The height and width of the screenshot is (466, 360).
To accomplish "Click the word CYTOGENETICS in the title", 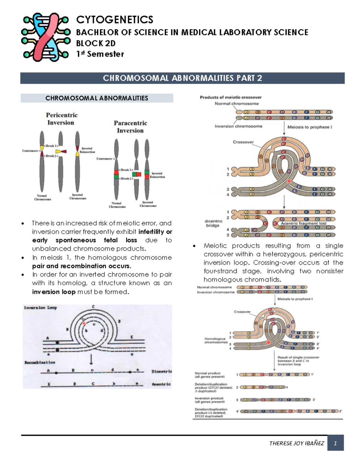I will point(115,20).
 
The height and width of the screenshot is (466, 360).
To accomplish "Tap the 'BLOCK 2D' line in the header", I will point(96,44).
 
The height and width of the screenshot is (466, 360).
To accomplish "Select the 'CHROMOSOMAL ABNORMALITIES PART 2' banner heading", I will point(182,78).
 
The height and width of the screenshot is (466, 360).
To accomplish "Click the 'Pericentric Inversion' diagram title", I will point(61,119).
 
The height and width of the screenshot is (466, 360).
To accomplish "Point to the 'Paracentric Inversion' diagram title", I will point(130,127).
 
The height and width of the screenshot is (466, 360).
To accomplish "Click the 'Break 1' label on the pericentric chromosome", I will point(51,146).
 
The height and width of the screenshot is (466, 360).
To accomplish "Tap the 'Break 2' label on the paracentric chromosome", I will point(126,179).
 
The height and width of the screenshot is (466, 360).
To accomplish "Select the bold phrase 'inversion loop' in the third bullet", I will point(54,292).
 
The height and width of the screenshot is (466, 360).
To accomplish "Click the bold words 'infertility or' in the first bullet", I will point(155,232).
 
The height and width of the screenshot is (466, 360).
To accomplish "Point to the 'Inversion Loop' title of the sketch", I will point(40,308).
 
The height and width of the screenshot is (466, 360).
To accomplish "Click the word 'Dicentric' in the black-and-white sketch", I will point(161,371).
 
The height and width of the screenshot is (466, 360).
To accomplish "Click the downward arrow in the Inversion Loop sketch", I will point(91,359).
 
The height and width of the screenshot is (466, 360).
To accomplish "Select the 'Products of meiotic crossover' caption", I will point(231,97).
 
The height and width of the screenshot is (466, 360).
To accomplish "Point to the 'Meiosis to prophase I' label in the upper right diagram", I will point(310,127).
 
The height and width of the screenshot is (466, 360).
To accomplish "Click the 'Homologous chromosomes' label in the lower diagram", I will point(215,340).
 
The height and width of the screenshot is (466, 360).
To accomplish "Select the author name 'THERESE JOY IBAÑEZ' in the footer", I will point(296,443).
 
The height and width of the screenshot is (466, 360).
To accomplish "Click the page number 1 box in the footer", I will point(335,443).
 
